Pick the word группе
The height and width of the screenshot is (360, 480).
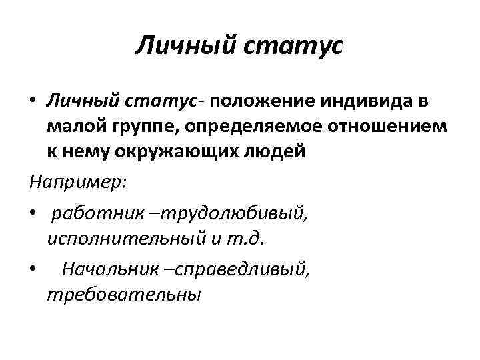point(138,125)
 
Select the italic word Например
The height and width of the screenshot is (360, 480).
point(73,181)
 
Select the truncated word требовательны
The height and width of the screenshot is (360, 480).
point(123,293)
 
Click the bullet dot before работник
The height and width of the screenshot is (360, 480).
point(33,213)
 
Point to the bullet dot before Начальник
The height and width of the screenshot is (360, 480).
point(33,269)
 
